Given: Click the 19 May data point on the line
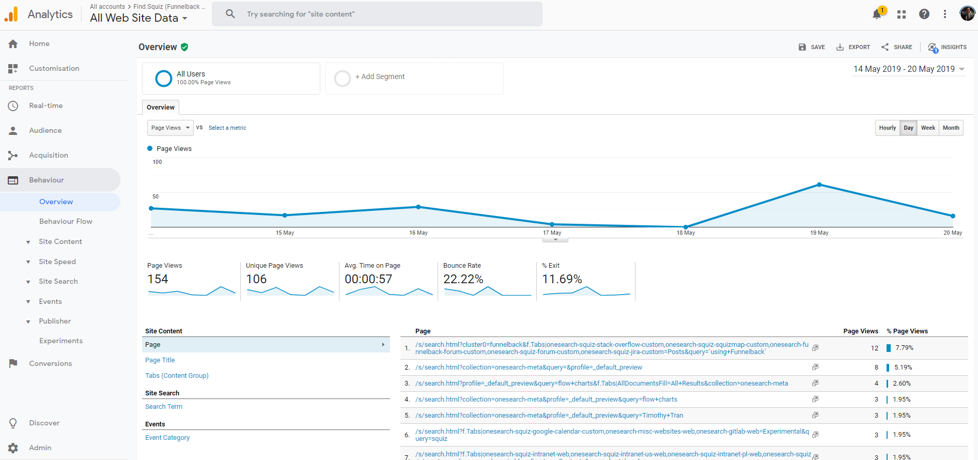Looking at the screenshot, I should tap(819, 185).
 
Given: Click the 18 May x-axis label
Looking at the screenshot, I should tap(686, 233).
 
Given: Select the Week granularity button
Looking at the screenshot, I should tap(928, 128).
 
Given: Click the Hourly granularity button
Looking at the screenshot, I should tap(887, 128).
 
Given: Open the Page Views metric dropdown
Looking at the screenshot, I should tap(170, 128).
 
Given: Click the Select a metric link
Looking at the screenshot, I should tap(227, 128).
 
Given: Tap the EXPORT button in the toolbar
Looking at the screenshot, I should tap(853, 47).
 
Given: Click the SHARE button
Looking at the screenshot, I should tap(897, 47).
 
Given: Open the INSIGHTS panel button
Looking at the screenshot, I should tap(947, 47).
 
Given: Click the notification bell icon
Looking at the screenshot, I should tap(877, 14).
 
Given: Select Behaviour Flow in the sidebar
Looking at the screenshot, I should tap(66, 221).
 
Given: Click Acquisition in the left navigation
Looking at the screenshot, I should tap(49, 155).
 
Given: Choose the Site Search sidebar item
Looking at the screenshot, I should tap(58, 281).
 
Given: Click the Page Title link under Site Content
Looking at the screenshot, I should tap(160, 360).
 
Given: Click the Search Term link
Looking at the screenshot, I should tap(163, 407).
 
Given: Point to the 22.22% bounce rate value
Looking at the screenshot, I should tap(463, 279).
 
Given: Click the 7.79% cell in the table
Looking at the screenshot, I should tap(904, 348).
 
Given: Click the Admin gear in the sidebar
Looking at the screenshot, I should tap(13, 448).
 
